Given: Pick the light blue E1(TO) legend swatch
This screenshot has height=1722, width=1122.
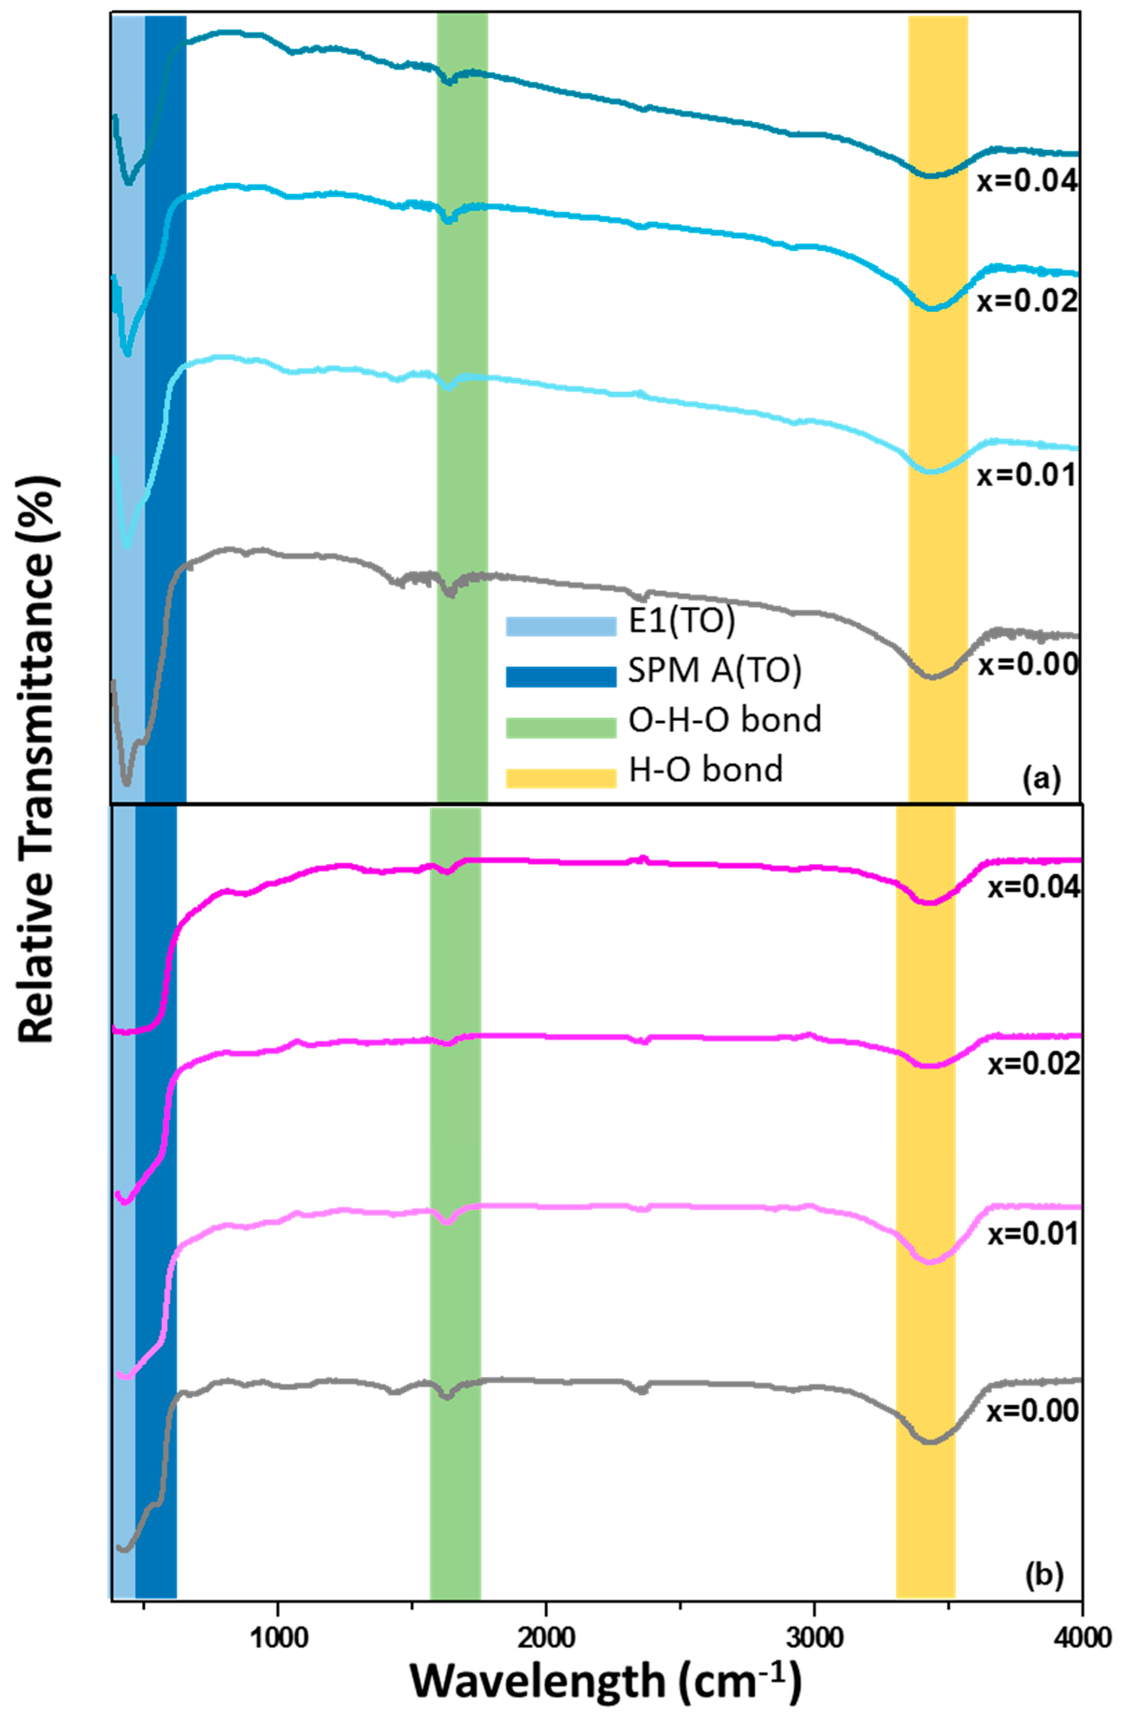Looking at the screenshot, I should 561,626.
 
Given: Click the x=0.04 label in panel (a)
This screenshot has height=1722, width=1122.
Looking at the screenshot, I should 1027,181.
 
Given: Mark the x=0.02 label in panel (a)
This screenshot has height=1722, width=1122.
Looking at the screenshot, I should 1027,301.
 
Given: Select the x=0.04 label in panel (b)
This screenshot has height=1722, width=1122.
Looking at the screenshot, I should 1034,887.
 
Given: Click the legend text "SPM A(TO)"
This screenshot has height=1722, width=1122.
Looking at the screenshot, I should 715,672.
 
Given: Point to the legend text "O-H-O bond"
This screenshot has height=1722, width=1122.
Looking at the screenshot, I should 725,721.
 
